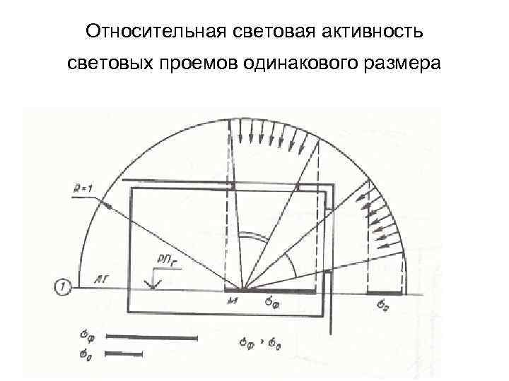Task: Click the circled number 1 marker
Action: tap(62, 287)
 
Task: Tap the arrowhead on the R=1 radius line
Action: tap(106, 205)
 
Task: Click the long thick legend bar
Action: tap(146, 337)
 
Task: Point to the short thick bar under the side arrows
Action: tap(386, 291)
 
